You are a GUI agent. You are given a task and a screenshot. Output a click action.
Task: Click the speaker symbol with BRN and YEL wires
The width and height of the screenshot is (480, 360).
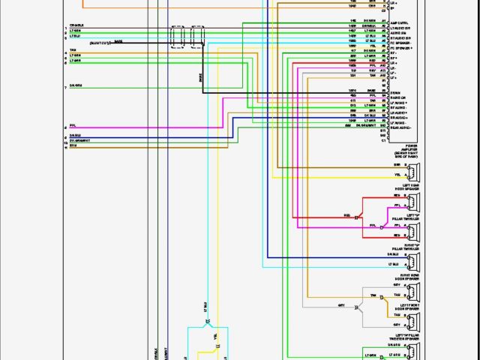click(x=412, y=169)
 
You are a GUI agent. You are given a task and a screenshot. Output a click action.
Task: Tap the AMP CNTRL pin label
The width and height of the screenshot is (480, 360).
click(x=400, y=23)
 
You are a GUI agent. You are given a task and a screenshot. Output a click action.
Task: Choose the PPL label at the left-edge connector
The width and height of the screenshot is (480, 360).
click(x=73, y=124)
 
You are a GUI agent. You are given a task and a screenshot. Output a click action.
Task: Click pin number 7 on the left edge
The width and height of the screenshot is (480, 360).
click(x=65, y=88)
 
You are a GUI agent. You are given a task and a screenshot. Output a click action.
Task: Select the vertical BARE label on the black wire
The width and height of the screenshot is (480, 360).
click(x=201, y=77)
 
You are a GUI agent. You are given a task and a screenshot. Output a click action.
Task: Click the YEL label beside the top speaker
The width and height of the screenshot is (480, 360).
click(x=397, y=174)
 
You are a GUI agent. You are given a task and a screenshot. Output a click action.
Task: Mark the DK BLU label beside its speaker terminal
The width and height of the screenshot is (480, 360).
click(x=394, y=254)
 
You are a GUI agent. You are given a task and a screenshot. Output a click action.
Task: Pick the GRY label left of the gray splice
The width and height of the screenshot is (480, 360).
click(x=340, y=305)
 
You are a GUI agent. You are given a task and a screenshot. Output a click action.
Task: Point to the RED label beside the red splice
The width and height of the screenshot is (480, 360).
click(x=347, y=216)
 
